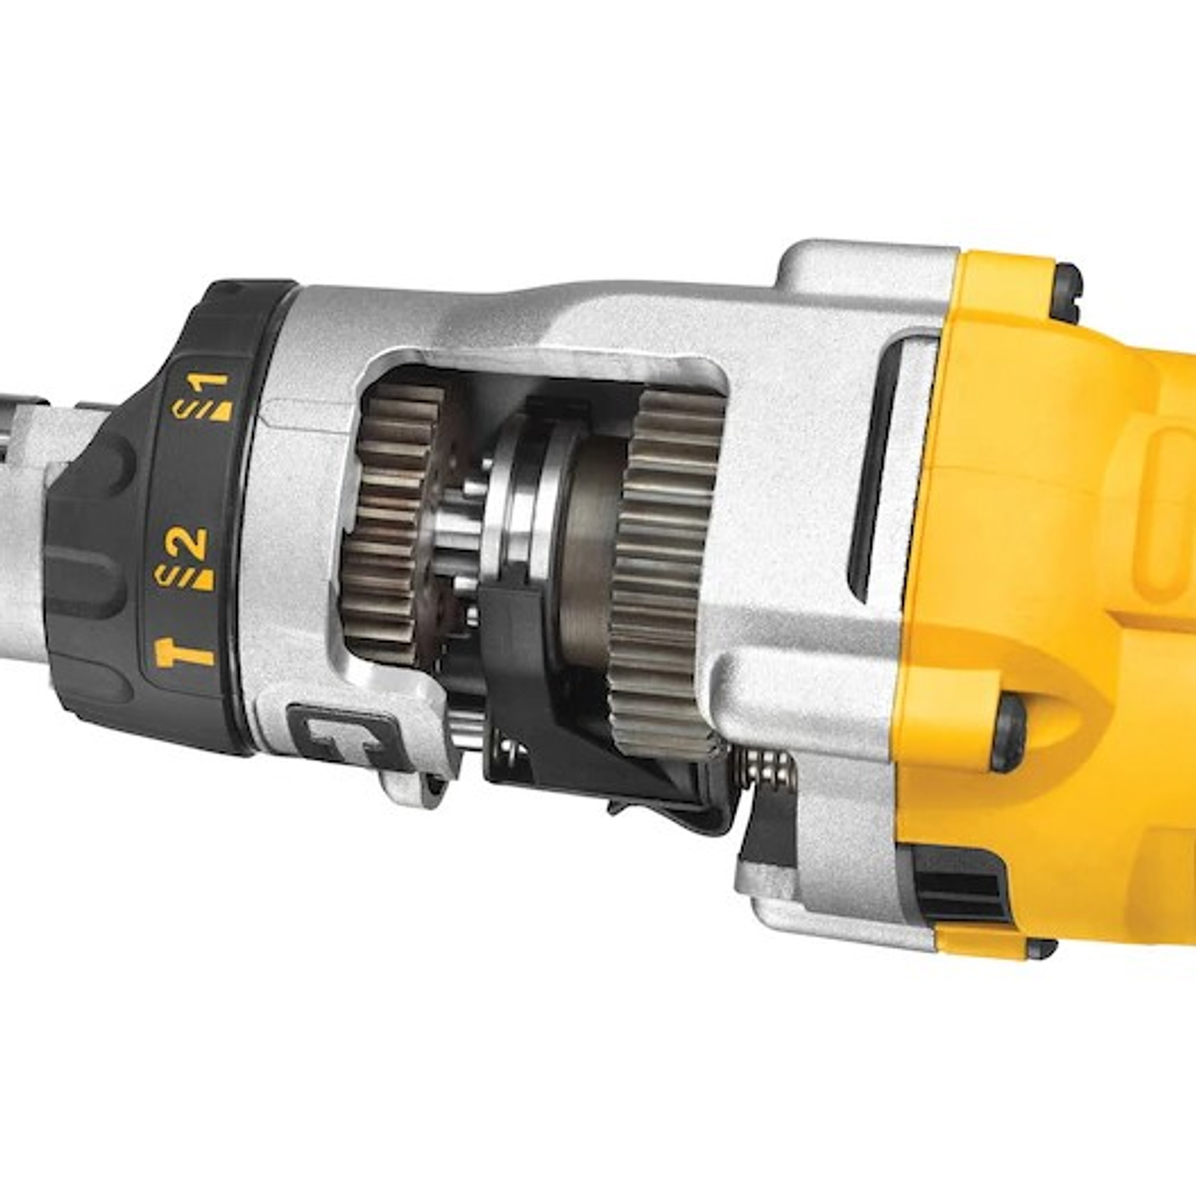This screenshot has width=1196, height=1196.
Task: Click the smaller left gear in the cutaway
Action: click(x=392, y=523)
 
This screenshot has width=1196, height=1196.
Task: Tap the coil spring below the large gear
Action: click(x=769, y=769)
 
